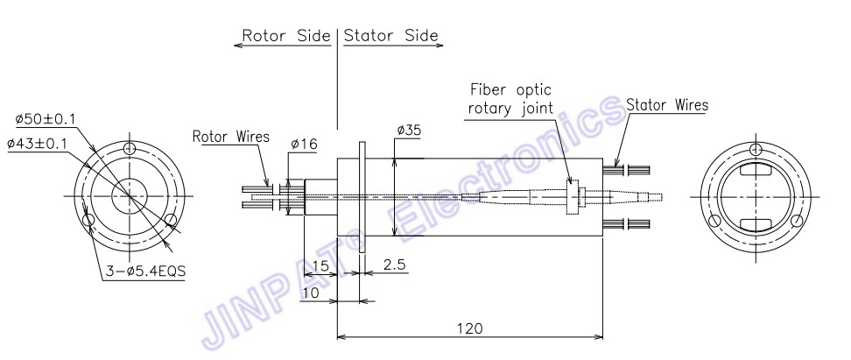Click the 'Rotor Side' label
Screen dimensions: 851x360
click(x=286, y=36)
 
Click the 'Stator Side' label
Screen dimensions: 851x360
click(x=390, y=36)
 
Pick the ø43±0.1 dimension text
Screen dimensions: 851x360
click(x=37, y=144)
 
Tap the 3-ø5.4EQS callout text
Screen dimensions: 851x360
click(x=144, y=271)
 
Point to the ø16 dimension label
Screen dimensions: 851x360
click(x=304, y=144)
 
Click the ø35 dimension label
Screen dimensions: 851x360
click(x=410, y=131)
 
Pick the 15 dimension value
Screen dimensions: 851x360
click(x=320, y=266)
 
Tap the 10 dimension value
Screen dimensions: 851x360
click(x=311, y=293)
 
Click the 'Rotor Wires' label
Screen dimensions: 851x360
click(x=231, y=137)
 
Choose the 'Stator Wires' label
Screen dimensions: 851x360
click(x=667, y=105)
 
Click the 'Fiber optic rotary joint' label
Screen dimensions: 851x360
click(x=510, y=98)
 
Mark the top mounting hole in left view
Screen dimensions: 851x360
click(x=130, y=149)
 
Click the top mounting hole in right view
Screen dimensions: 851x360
click(x=756, y=150)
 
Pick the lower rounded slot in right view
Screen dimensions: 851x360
click(x=756, y=222)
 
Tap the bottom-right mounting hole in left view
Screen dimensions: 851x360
click(x=171, y=219)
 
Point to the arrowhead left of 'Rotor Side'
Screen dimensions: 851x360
click(x=238, y=45)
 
